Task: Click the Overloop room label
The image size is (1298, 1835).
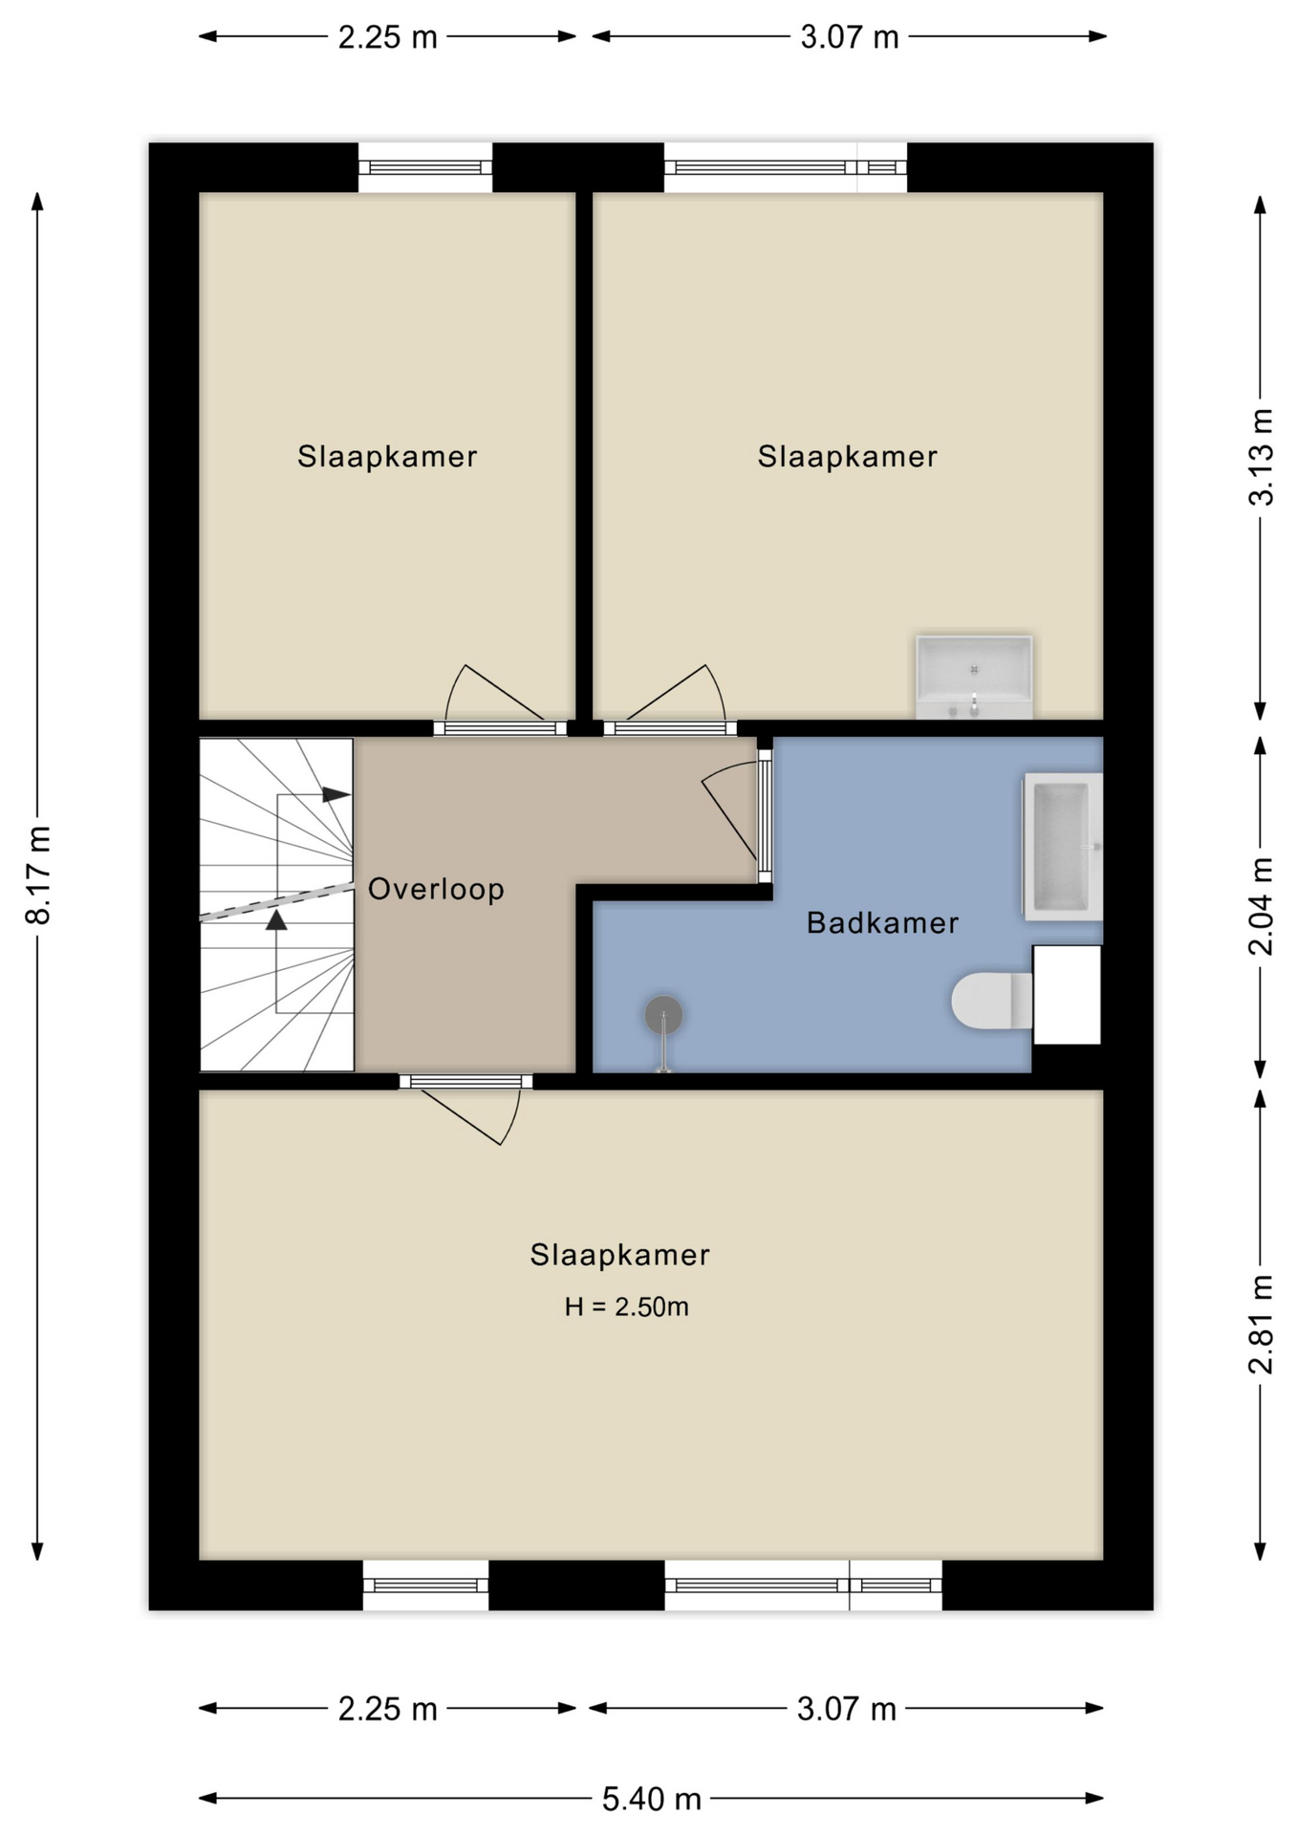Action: coord(436,890)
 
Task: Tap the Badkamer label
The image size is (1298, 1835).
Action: coord(882,922)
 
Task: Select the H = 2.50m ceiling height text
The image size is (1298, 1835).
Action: coord(626,1306)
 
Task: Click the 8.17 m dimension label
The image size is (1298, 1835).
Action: coord(38,875)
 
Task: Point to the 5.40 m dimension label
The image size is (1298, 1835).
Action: coord(652,1800)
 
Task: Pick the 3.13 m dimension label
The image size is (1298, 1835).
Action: coord(1262,457)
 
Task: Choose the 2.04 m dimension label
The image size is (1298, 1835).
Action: coord(1262,906)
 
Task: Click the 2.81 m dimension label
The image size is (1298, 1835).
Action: coord(1262,1325)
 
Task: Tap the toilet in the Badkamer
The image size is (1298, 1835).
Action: coord(991,1001)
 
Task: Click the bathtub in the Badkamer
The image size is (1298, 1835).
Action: coord(1063,847)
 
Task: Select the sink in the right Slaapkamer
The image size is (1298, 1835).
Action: coord(974,676)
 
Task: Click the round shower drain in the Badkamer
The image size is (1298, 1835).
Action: coord(663,1015)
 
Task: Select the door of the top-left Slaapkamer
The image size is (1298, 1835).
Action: coord(497,701)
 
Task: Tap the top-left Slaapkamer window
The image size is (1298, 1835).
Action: coord(425,167)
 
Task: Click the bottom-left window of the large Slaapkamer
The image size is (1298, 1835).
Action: coord(425,1586)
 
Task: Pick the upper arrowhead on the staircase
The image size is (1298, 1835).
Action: coord(335,794)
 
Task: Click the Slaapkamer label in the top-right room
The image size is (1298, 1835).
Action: coord(847,457)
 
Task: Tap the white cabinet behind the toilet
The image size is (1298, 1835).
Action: coord(1067,995)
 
